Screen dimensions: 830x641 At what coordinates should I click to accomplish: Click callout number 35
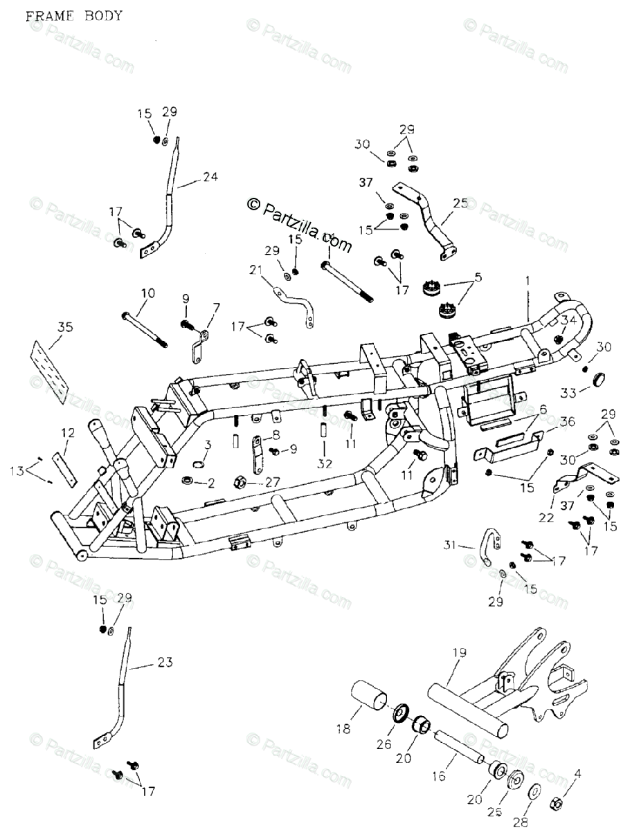65,327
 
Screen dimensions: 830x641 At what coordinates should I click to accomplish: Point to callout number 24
210,177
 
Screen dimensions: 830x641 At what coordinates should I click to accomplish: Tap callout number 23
165,662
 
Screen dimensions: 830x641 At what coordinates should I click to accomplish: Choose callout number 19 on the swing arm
460,652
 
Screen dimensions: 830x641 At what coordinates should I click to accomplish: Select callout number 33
568,393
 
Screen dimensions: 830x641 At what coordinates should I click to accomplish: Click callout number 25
460,203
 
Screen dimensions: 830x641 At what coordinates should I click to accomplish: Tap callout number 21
256,270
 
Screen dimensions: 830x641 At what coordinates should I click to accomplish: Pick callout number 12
67,432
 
